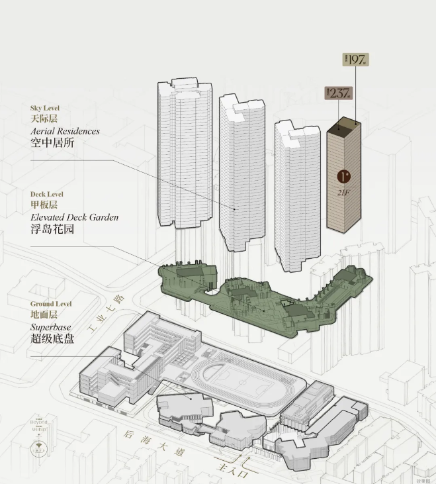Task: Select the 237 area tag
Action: (338, 93)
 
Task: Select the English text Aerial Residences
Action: (65, 131)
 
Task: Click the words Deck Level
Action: (47, 194)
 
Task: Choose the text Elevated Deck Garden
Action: (74, 217)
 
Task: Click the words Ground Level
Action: (50, 304)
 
